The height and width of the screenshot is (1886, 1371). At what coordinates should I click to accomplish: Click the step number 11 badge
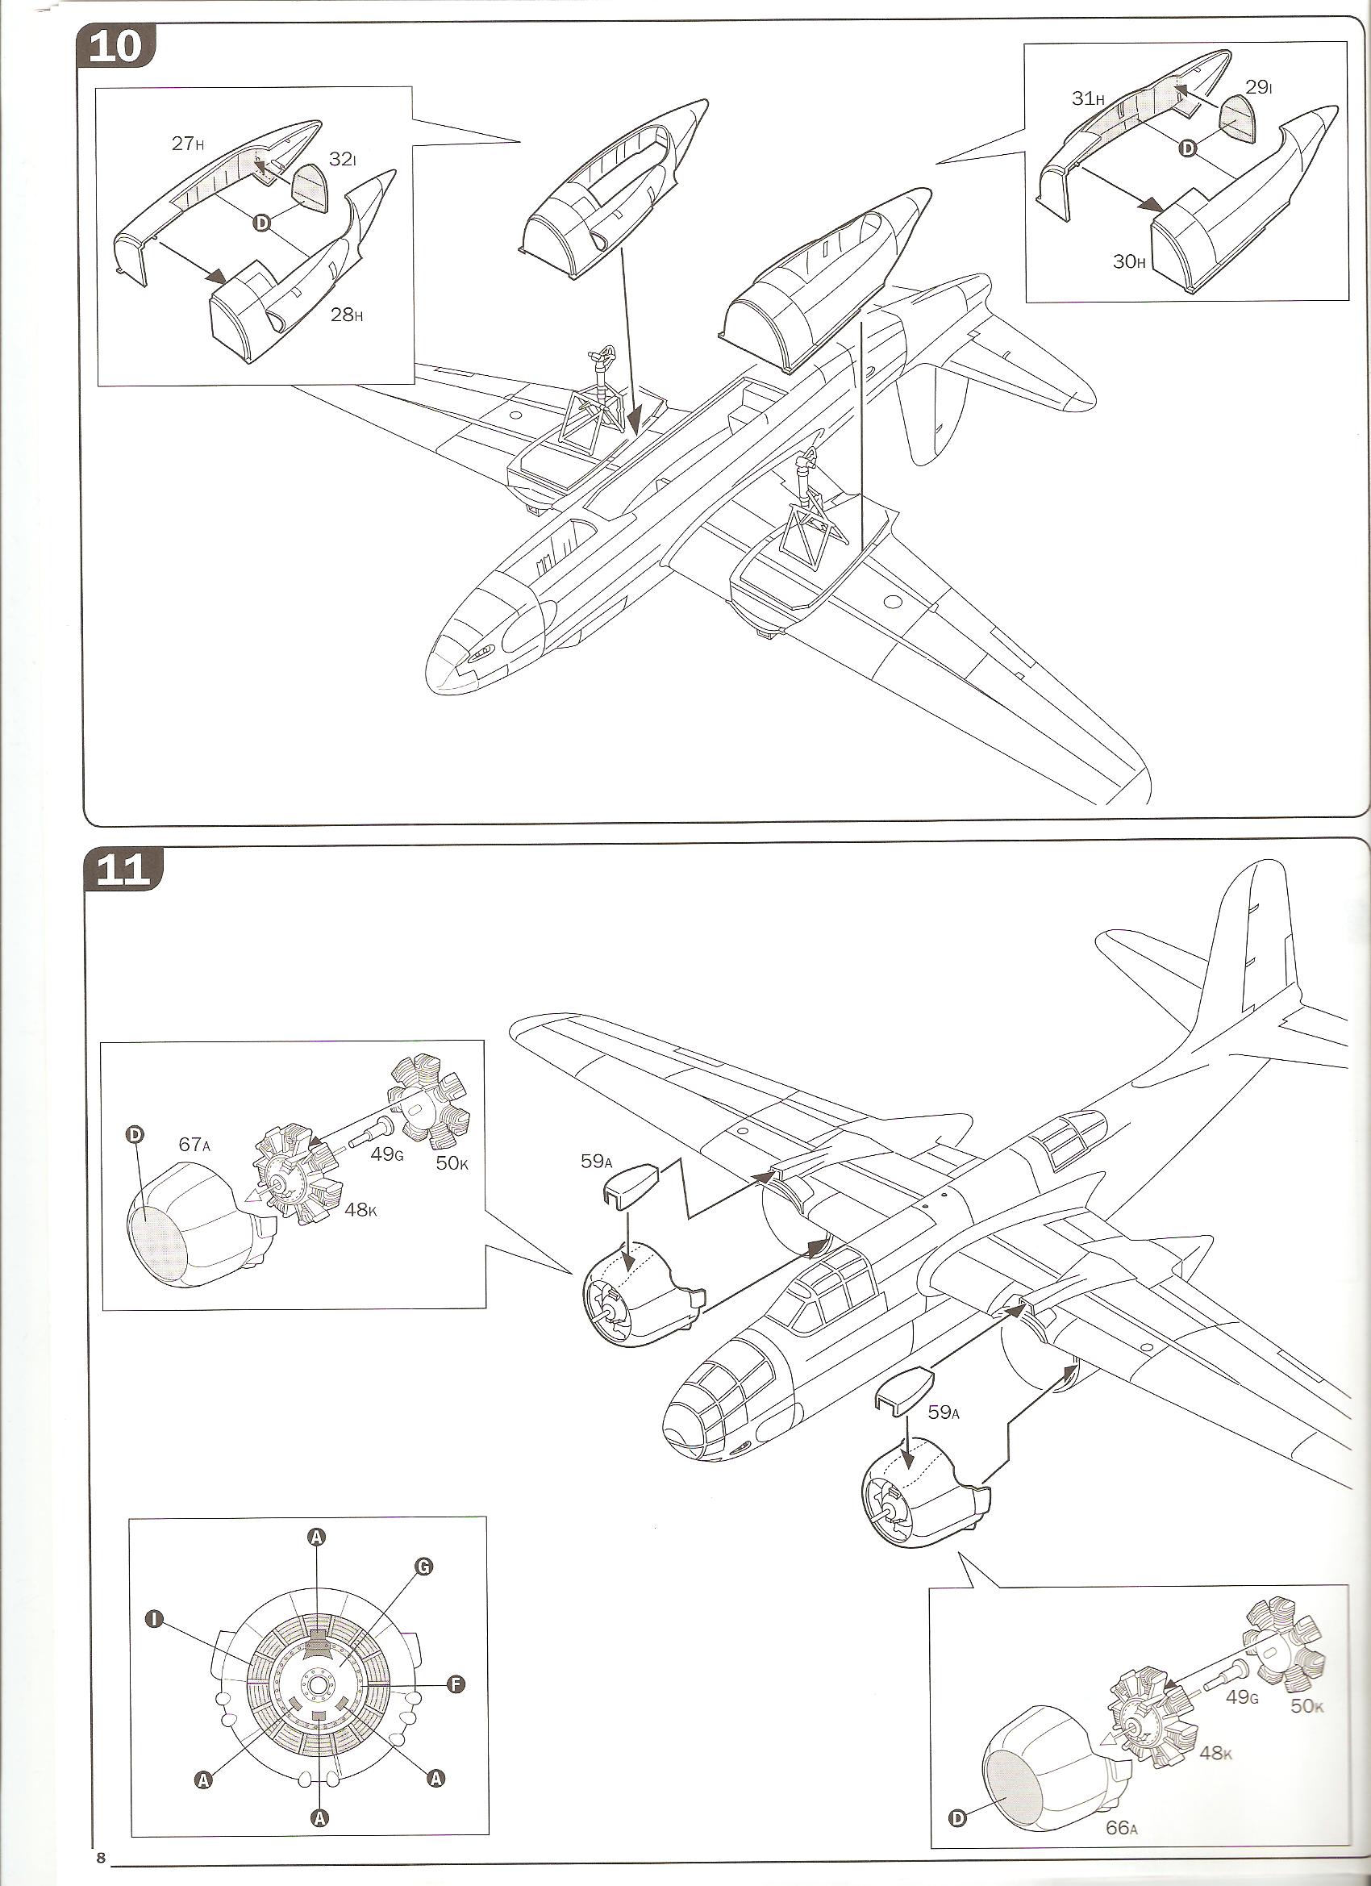point(123,870)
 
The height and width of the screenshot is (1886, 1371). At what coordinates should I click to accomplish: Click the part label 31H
point(1087,98)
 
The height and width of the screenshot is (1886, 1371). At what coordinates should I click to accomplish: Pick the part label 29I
point(1259,86)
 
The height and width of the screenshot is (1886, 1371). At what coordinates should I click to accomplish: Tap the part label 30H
point(1130,261)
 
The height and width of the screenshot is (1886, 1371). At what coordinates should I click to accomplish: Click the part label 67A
point(194,1144)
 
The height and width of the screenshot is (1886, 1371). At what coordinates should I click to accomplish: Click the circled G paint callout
point(423,1567)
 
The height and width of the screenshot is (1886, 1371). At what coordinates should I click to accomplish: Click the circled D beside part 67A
point(133,1134)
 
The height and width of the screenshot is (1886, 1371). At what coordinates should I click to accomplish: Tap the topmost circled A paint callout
point(316,1538)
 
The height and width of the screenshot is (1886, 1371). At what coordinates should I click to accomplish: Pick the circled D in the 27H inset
point(261,222)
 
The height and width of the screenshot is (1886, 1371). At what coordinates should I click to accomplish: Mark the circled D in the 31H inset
point(1187,147)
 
